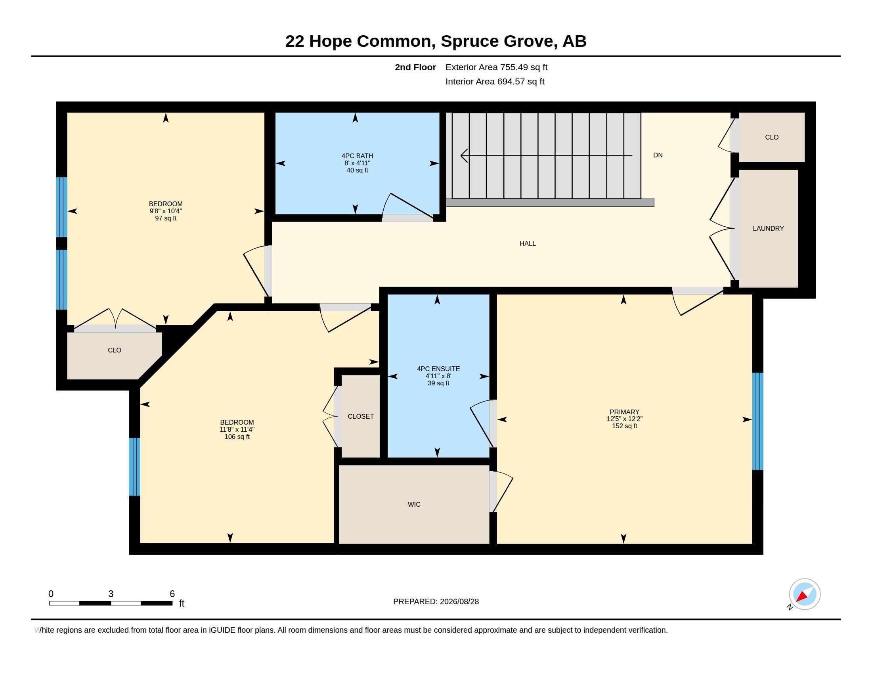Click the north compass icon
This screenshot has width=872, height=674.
[x=804, y=594]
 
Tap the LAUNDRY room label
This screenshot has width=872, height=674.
[x=768, y=228]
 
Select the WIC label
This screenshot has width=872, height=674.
[x=414, y=504]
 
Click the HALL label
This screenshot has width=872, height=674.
[x=528, y=243]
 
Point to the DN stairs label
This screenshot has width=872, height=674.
[x=658, y=155]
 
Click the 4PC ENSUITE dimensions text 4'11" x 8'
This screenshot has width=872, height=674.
[x=438, y=376]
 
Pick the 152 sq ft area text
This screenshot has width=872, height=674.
[x=624, y=426]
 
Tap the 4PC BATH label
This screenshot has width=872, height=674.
[x=358, y=156]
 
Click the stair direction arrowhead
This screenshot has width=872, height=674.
[x=464, y=155]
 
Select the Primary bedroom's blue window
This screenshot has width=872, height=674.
[x=757, y=421]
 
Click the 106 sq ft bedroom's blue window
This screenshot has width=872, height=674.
[x=134, y=466]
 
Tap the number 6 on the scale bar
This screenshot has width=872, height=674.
[x=172, y=594]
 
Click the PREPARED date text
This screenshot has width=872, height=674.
[x=436, y=601]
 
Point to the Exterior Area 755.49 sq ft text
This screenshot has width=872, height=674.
[x=496, y=67]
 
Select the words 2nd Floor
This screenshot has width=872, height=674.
[x=415, y=67]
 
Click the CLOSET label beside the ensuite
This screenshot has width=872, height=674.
[x=361, y=416]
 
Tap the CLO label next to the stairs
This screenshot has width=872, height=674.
[x=771, y=137]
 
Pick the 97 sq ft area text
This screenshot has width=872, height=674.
[x=166, y=218]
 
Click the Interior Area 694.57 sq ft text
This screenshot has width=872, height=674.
[x=495, y=81]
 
